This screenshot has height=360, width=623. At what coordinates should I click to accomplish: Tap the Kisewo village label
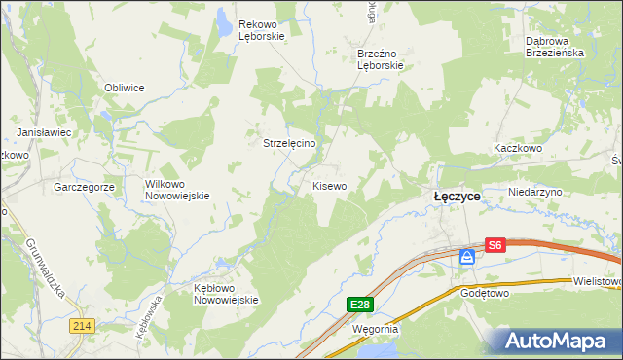329,185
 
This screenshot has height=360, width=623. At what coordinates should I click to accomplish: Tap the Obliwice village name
125,88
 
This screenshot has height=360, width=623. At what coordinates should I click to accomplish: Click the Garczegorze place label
85,186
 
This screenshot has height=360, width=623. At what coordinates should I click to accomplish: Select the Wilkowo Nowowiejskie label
177,189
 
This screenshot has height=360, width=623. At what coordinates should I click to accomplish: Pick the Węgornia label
374,329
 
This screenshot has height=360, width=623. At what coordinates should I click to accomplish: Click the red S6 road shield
495,246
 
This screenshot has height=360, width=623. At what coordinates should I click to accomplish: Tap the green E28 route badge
360,305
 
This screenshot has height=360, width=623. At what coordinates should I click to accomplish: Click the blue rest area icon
467,256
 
